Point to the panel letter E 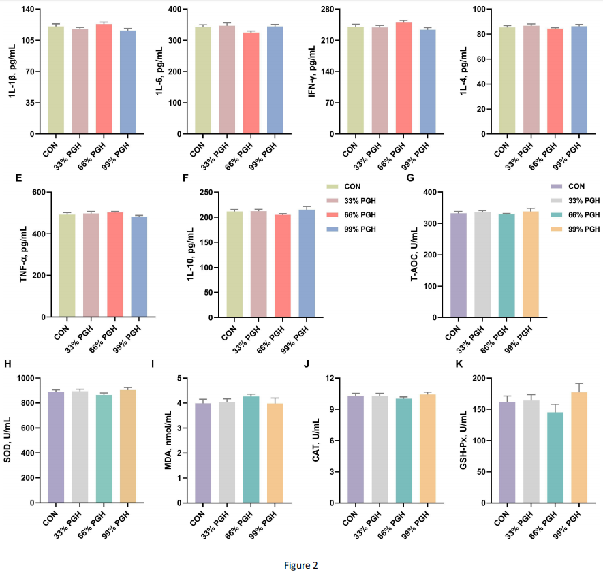coord(18,178)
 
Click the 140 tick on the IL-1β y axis coord(29,10)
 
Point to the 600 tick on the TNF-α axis coord(33,193)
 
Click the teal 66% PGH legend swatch coord(557,214)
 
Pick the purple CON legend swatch coord(557,186)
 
